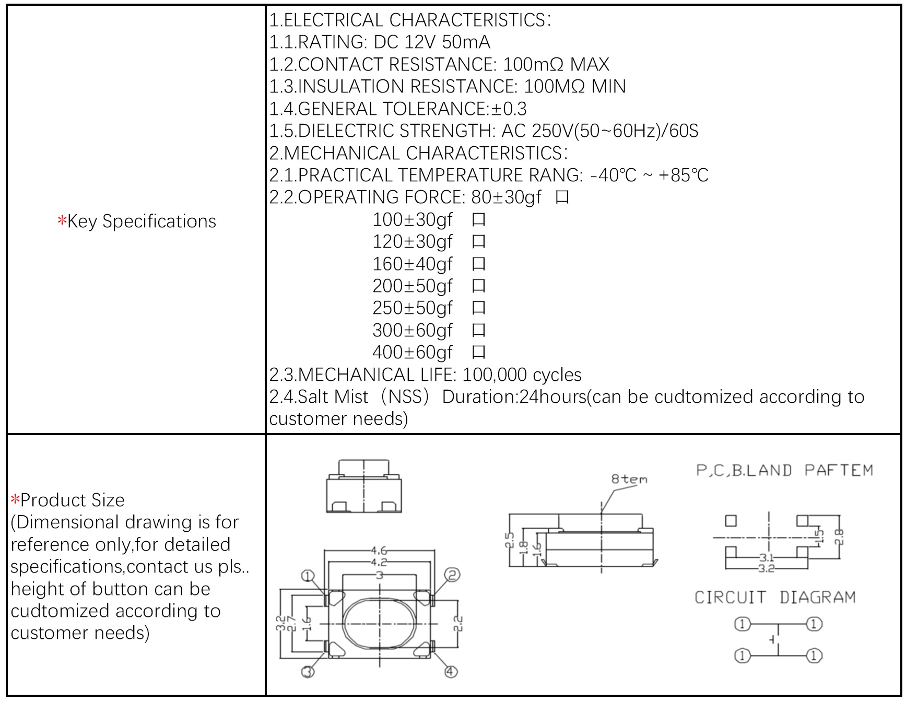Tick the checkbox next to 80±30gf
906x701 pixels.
coord(562,198)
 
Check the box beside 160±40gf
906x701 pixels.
coord(478,264)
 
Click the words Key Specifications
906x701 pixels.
coord(141,221)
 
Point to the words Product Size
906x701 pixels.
coord(73,500)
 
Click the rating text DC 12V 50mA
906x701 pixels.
coord(432,42)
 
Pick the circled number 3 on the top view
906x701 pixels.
coord(308,671)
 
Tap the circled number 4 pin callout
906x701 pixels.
coord(451,671)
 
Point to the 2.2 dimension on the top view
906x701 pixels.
coord(458,623)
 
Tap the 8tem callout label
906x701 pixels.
coord(629,479)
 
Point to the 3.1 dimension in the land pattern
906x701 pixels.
coord(767,558)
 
